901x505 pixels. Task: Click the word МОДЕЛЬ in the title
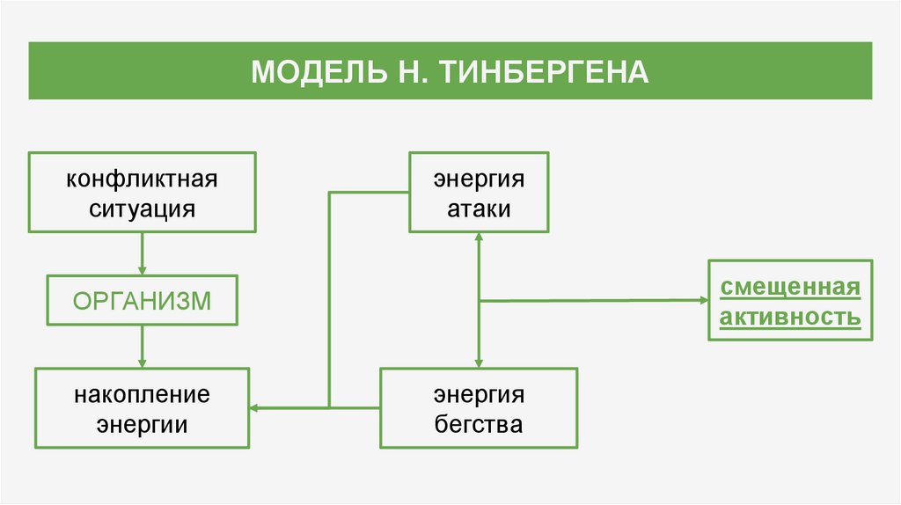point(319,72)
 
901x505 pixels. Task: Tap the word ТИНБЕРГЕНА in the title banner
point(545,72)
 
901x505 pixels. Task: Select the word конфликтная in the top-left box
point(142,179)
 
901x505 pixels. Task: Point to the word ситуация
point(142,209)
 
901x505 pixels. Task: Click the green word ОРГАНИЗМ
point(142,301)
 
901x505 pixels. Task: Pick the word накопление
point(142,395)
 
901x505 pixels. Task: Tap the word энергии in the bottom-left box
point(142,425)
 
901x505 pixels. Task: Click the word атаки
point(479,209)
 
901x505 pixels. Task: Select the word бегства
point(479,425)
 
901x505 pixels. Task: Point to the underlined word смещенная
point(790,287)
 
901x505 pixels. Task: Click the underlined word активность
point(790,317)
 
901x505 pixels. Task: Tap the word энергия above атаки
point(479,179)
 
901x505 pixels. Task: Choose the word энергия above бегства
point(479,395)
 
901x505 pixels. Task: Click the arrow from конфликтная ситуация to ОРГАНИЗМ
point(142,254)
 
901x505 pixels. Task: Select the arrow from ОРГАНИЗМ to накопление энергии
point(142,347)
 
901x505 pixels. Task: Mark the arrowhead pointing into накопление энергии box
point(253,408)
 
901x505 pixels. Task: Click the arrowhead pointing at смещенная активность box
point(704,300)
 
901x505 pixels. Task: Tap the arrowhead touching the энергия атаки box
point(479,237)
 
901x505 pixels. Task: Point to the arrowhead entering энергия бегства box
point(479,363)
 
